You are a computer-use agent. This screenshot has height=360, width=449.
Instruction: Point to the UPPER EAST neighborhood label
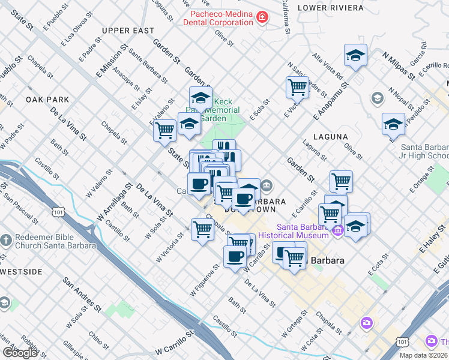[x=128, y=31]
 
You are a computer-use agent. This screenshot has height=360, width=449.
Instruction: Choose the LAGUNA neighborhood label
[x=330, y=137]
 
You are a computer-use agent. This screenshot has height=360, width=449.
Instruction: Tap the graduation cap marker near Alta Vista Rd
[x=355, y=56]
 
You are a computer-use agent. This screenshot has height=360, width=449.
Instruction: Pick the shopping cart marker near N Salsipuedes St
[x=297, y=87]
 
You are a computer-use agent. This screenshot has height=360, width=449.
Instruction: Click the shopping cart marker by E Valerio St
[x=164, y=130]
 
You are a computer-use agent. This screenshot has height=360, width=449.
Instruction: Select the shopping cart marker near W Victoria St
[x=202, y=229]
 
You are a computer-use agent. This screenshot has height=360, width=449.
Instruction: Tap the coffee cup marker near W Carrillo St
[x=235, y=257]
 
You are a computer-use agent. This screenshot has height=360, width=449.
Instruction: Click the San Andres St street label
[x=82, y=294]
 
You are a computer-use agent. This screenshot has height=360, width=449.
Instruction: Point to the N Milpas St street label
[x=399, y=65]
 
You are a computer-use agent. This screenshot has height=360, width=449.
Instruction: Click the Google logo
[x=20, y=353]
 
